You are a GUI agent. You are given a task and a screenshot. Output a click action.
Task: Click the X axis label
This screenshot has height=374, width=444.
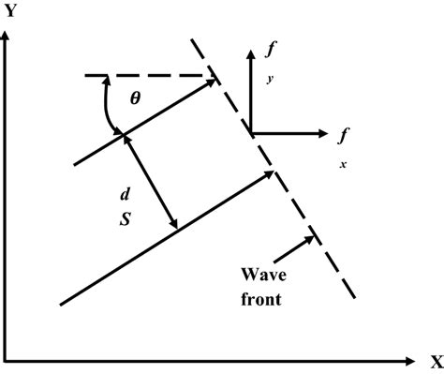tap(436, 360)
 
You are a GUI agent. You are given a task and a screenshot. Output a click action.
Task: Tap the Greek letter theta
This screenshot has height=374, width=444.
tap(135, 97)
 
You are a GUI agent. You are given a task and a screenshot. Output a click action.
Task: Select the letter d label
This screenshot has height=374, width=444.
tap(124, 193)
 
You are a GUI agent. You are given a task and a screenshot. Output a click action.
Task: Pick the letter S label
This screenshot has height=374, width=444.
tap(124, 217)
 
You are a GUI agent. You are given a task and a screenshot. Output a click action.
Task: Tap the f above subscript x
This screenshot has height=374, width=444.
tap(344, 135)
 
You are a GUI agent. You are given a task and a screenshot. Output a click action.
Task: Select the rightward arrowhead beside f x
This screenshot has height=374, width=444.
tap(318, 132)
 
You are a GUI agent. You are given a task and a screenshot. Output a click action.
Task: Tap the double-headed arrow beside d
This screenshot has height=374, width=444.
tap(152, 182)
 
